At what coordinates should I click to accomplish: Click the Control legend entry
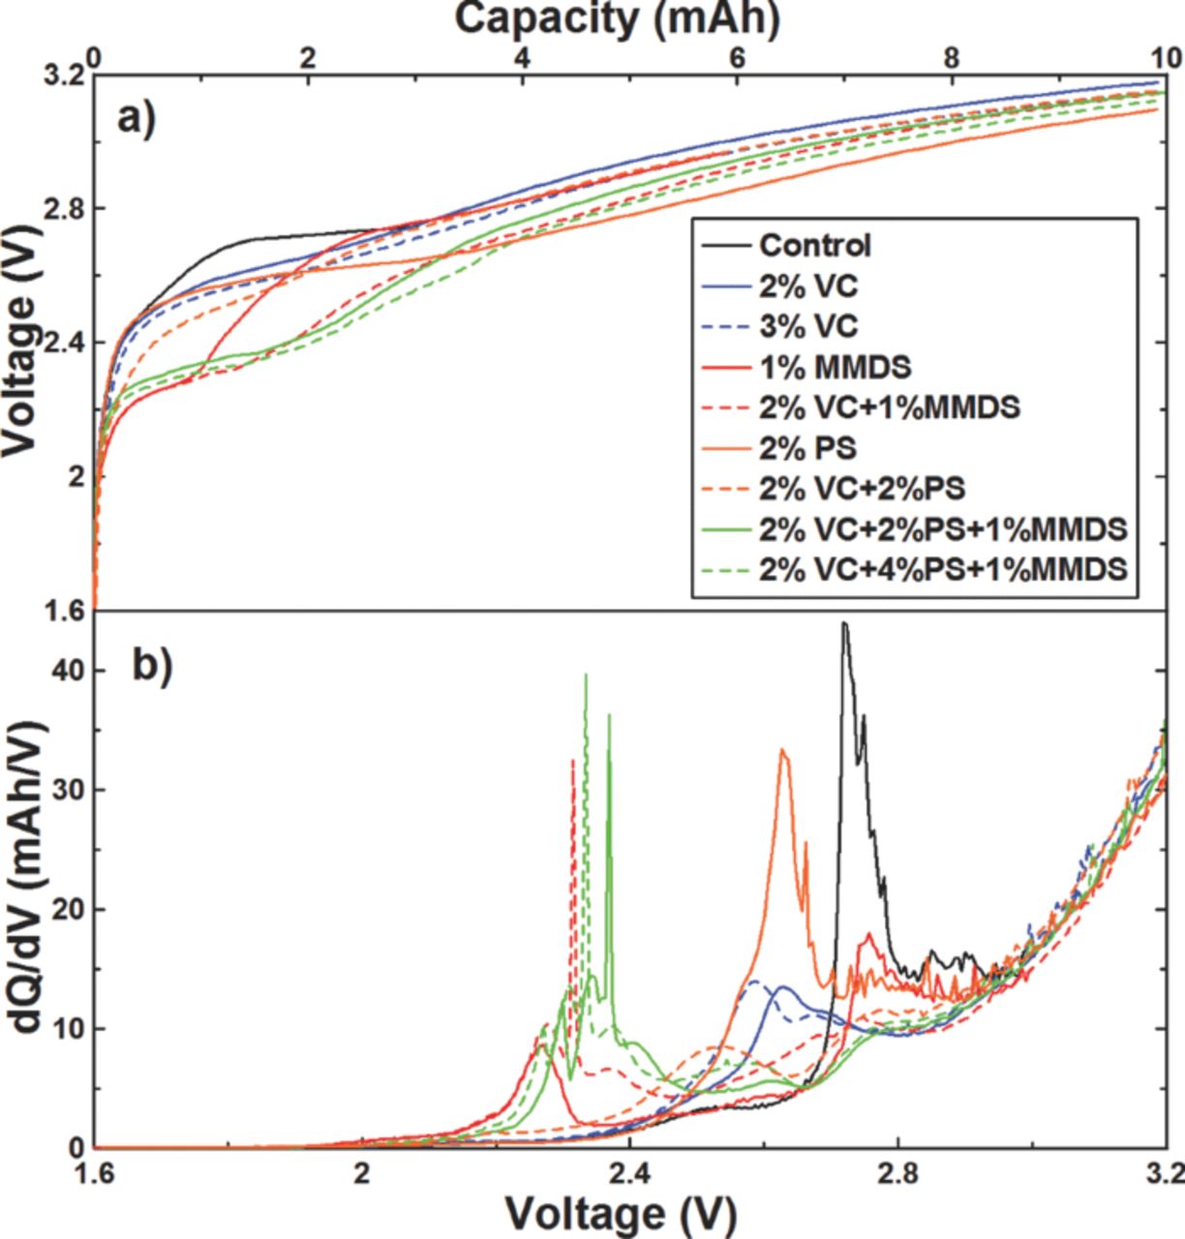(815, 246)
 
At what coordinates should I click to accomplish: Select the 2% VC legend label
(807, 286)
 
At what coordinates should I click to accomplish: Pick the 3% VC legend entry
(807, 326)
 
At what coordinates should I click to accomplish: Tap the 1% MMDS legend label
(835, 367)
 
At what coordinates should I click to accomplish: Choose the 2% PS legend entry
(807, 448)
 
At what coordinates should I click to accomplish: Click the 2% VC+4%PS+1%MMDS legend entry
(943, 569)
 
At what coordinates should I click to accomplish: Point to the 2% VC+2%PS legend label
(862, 489)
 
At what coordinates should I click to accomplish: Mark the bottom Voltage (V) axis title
(620, 1212)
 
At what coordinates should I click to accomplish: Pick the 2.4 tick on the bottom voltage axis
(630, 1172)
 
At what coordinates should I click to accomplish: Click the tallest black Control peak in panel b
(844, 623)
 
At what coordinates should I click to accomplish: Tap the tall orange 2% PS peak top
(783, 750)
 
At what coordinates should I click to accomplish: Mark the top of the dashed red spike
(573, 762)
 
